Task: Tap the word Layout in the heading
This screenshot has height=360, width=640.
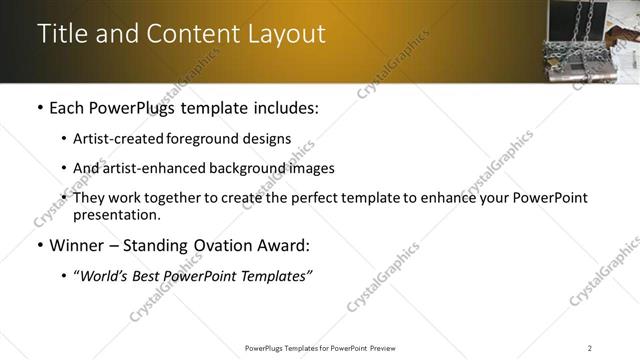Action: click(286, 34)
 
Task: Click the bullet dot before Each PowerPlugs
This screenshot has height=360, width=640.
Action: click(39, 107)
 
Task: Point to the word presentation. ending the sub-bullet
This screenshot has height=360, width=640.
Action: click(116, 214)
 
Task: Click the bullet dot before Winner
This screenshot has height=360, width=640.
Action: click(39, 245)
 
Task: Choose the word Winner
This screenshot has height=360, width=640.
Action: click(77, 245)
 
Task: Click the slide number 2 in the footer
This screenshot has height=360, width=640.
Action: click(590, 347)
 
